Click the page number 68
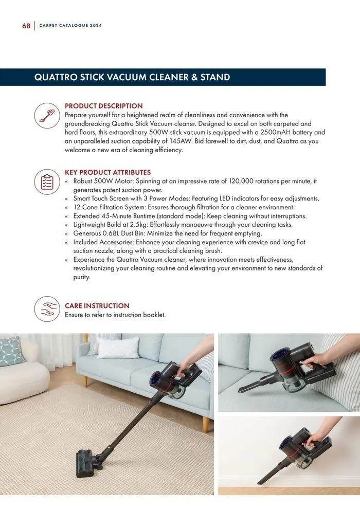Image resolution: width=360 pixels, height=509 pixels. click(26, 26)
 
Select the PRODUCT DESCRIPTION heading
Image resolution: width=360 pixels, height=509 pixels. click(103, 106)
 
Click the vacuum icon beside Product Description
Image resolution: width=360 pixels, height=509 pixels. click(47, 115)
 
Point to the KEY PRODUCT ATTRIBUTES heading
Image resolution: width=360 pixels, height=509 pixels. click(107, 172)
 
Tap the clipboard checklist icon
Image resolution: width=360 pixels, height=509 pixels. click(47, 182)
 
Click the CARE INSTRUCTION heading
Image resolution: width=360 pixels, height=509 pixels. click(97, 305)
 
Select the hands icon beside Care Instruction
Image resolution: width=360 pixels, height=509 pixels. click(47, 309)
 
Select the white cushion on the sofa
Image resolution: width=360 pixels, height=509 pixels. click(118, 347)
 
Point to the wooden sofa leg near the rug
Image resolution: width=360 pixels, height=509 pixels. click(206, 424)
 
